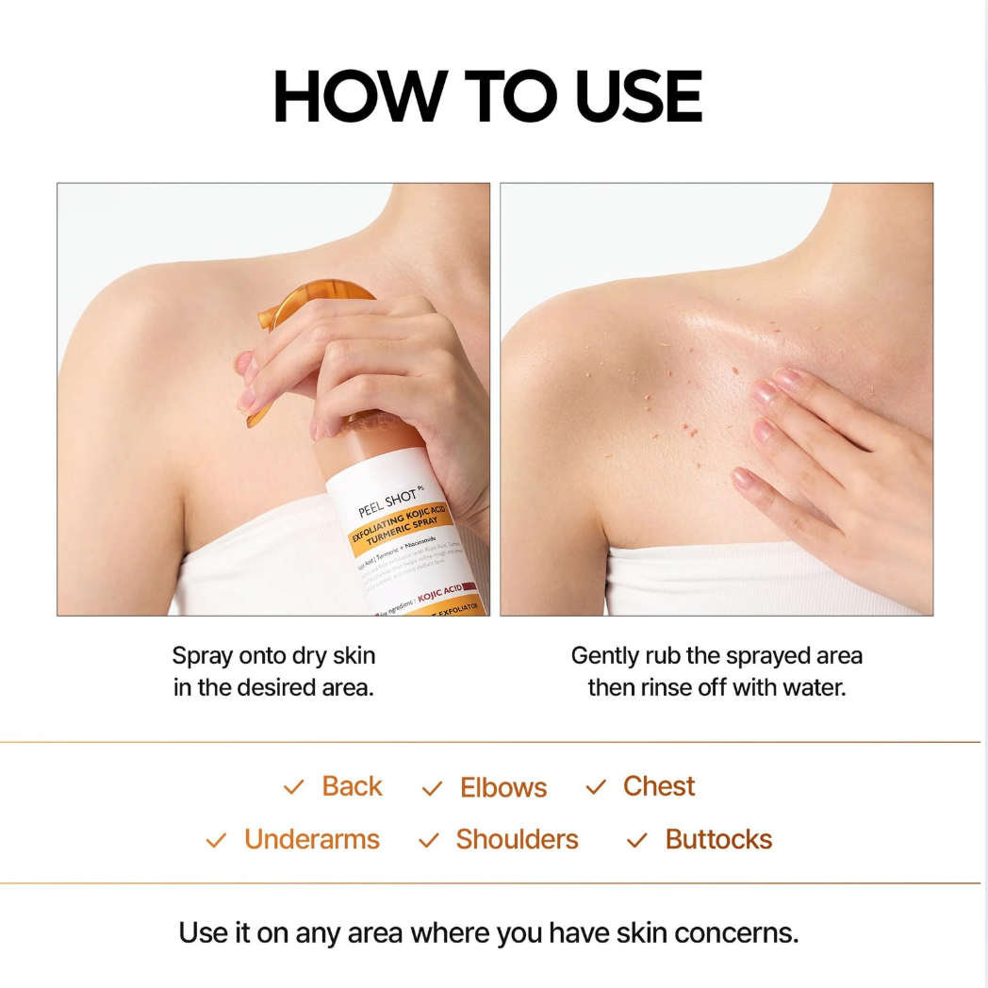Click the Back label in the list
[352, 786]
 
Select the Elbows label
[503, 788]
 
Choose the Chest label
[659, 786]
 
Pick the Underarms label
[311, 839]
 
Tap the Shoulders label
[517, 839]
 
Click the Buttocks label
[718, 839]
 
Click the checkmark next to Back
[294, 787]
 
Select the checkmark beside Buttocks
[637, 840]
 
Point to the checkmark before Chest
[596, 787]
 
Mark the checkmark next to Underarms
[217, 840]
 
